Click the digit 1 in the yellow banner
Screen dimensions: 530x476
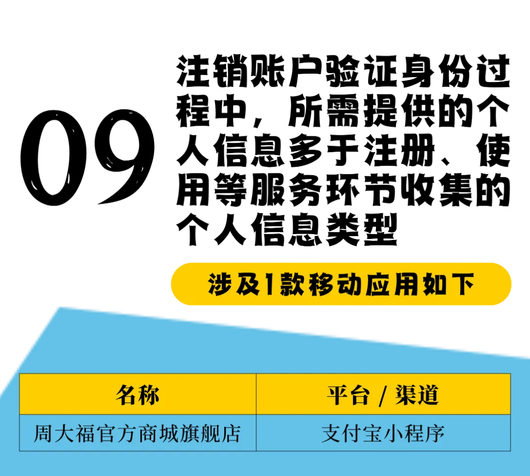point(269,285)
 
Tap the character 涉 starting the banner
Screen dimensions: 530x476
point(219,285)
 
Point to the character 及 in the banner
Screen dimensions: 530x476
point(248,285)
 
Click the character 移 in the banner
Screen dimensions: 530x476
point(322,285)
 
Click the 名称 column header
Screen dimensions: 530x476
point(137,395)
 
